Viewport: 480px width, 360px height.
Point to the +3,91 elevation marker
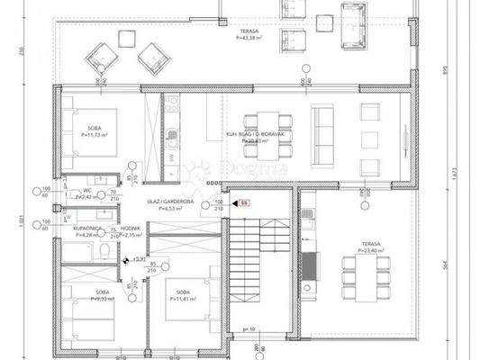coord(137,259)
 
